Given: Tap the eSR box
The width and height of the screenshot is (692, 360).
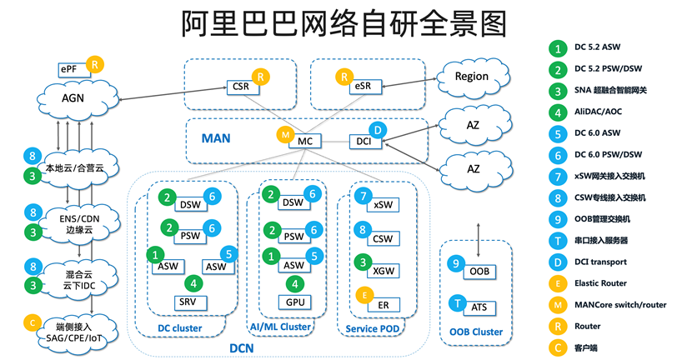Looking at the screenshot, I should pos(363,86).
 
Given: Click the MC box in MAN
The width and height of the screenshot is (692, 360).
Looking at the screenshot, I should pos(305,142).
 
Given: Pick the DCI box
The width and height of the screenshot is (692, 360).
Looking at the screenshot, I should pos(363,142).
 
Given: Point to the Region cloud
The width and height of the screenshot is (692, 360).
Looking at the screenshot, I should pos(472,77).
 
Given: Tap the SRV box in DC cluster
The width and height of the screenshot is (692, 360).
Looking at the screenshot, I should pos(187,301).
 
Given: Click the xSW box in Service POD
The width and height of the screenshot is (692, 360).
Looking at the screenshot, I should pos(384,204).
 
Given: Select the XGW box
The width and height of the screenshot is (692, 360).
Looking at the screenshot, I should pos(384,271).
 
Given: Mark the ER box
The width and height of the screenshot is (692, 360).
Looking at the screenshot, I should pos(384,304).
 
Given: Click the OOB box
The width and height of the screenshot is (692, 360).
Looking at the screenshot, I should pos(479,272).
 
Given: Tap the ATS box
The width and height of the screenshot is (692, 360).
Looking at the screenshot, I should pos(479,307).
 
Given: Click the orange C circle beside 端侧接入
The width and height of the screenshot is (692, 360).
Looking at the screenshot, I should pos(33,322).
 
